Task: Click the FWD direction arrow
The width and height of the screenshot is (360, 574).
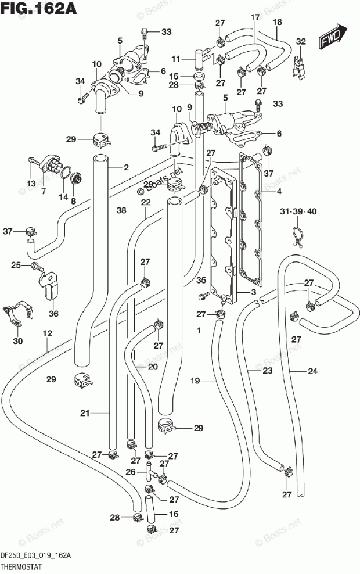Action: click(333, 35)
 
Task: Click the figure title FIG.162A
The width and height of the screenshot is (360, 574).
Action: click(38, 8)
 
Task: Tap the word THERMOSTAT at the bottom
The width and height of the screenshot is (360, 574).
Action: click(21, 567)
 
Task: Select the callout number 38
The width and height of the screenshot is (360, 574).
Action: click(121, 210)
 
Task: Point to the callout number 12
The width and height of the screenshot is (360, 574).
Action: click(48, 333)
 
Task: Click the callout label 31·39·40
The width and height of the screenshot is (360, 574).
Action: click(298, 211)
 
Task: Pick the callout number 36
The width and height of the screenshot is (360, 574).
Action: click(53, 313)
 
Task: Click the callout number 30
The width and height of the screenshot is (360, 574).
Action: click(17, 341)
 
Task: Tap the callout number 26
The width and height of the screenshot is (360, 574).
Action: click(131, 472)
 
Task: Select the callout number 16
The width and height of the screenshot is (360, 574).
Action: click(174, 514)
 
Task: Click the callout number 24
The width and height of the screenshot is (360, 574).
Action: click(312, 371)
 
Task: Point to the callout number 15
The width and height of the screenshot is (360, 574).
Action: click(174, 76)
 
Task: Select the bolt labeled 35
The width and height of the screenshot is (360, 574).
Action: click(203, 295)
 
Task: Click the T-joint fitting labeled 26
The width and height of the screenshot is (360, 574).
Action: click(150, 472)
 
